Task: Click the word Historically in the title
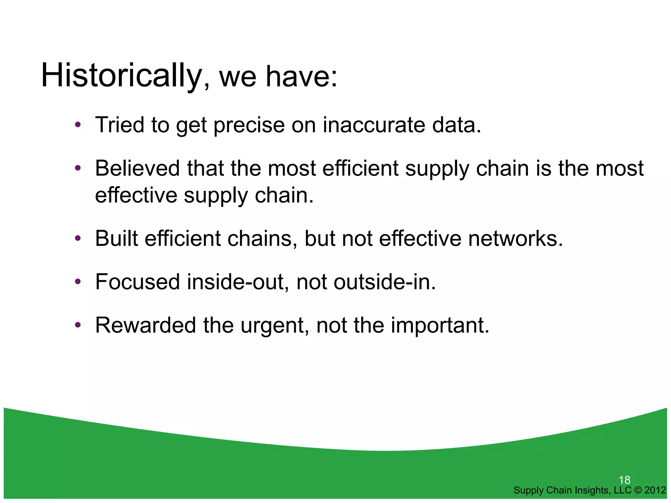point(121,76)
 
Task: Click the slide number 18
point(624,480)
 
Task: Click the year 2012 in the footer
point(655,490)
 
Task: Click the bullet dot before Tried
point(78,125)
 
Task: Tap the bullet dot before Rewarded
point(78,325)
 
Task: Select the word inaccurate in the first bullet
point(374,125)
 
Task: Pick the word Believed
point(138,168)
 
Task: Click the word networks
point(515,238)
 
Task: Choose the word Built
point(116,238)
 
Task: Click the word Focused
point(138,282)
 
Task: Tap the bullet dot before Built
point(78,238)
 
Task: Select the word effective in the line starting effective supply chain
point(136,195)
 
